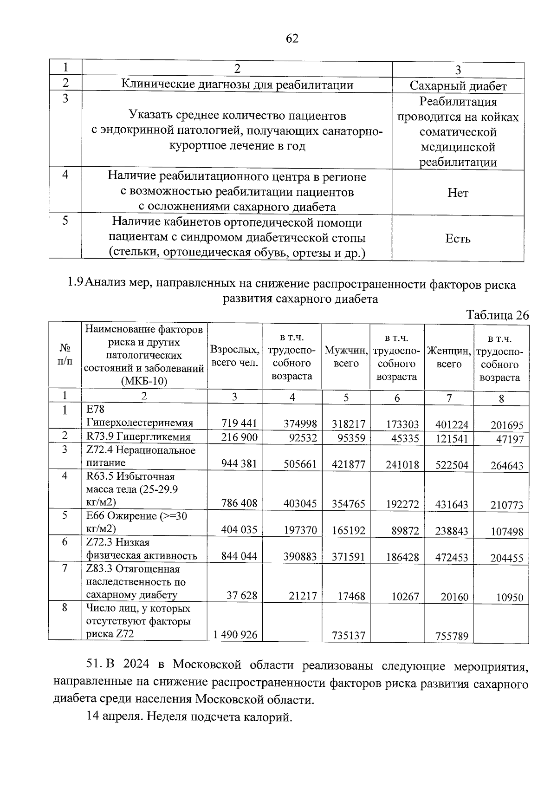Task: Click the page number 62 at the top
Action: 292,38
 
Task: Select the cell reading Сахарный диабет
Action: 458,86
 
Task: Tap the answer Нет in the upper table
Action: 458,193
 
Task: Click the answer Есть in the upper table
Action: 458,239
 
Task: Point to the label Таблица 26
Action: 498,315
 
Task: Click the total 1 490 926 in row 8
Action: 235,634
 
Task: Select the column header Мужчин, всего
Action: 346,356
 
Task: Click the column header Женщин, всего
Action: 449,357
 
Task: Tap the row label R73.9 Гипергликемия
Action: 138,436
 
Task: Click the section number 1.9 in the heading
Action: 75,284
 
